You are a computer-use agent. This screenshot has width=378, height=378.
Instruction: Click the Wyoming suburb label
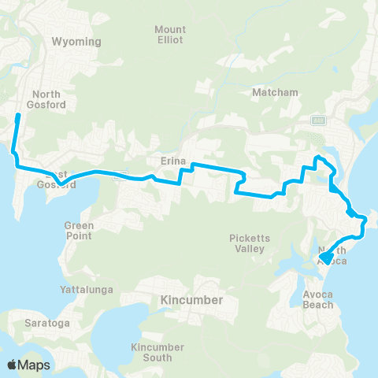coord(76,41)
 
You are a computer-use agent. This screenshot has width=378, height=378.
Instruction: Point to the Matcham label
coord(275,92)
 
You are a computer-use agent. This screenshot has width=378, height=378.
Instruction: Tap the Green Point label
coord(79,230)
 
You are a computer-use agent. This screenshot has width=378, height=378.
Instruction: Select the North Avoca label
coord(332,255)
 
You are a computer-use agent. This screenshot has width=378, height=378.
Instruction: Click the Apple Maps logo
coord(29,365)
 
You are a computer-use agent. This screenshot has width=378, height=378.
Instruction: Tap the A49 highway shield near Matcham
coord(318,120)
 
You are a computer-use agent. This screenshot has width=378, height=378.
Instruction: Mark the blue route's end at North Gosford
coord(18,117)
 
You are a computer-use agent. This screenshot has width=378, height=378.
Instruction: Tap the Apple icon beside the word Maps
coord(13,365)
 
